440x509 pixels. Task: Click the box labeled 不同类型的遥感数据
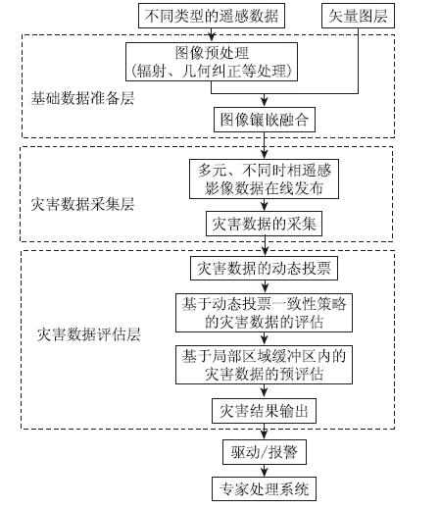(x=212, y=16)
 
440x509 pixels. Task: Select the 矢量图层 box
(x=358, y=16)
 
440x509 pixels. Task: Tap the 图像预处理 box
(x=212, y=62)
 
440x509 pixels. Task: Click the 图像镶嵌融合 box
(x=265, y=120)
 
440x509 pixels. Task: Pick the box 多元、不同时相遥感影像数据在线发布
(x=264, y=179)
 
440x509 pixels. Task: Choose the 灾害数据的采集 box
(x=264, y=224)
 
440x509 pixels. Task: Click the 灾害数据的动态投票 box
(x=264, y=269)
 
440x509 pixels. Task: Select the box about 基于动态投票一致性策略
(x=264, y=313)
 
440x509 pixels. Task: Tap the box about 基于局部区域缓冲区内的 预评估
(x=264, y=365)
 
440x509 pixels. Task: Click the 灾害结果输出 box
(x=264, y=411)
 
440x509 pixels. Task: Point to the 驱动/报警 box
(x=265, y=452)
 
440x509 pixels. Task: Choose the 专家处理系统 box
(x=264, y=489)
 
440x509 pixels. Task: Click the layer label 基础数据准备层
(x=82, y=98)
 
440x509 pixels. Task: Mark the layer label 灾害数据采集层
(x=82, y=204)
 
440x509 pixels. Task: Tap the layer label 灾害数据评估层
(x=88, y=334)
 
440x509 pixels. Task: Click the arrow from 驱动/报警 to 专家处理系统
(x=265, y=471)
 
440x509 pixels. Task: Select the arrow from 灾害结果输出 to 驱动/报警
(x=265, y=432)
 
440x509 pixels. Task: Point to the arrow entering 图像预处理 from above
(x=212, y=35)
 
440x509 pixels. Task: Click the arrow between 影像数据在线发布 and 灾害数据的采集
(x=265, y=205)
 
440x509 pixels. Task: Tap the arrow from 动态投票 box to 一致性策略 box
(x=265, y=286)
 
